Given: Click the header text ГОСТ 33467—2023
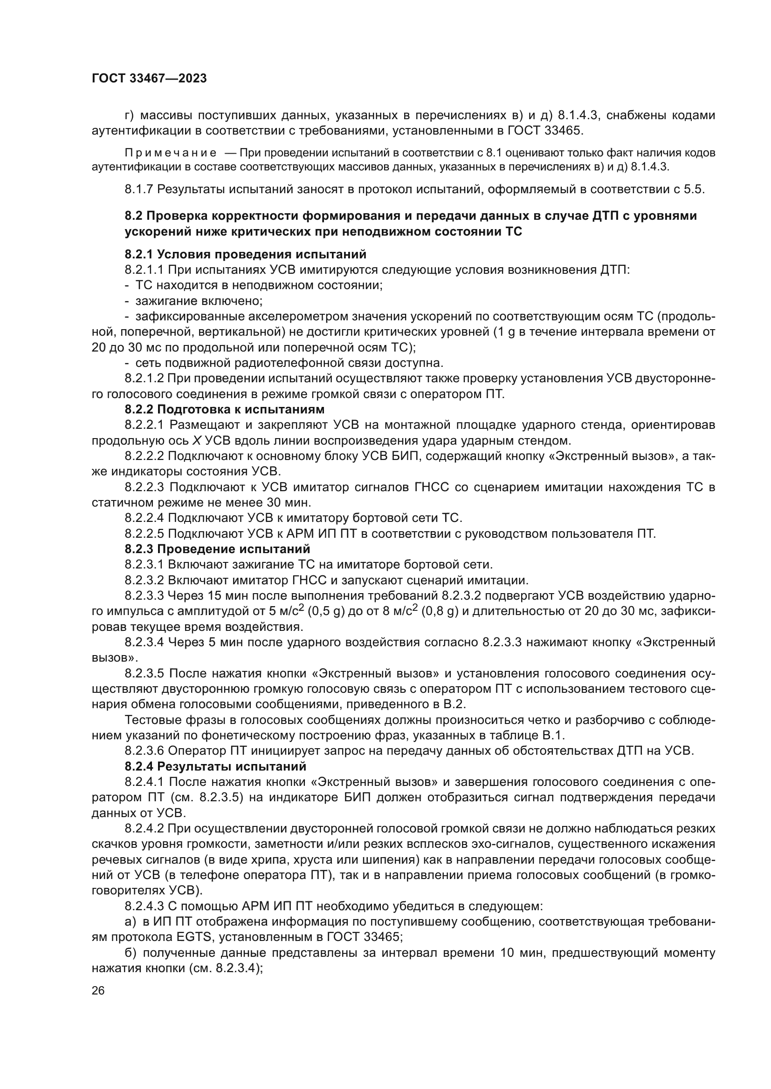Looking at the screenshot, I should [x=149, y=79].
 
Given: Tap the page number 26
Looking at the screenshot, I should [x=98, y=990].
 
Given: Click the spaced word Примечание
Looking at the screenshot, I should [x=171, y=153].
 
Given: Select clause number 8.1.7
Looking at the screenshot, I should [x=138, y=189].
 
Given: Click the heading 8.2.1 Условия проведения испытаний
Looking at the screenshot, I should [x=246, y=254].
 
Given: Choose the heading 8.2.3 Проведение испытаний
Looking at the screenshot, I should [x=217, y=549].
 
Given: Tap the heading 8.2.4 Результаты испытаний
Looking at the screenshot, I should [x=215, y=766].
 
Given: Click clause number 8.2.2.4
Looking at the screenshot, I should [x=145, y=517].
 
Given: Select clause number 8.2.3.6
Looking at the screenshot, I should [x=145, y=751].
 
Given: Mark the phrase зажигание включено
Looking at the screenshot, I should [x=199, y=301].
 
